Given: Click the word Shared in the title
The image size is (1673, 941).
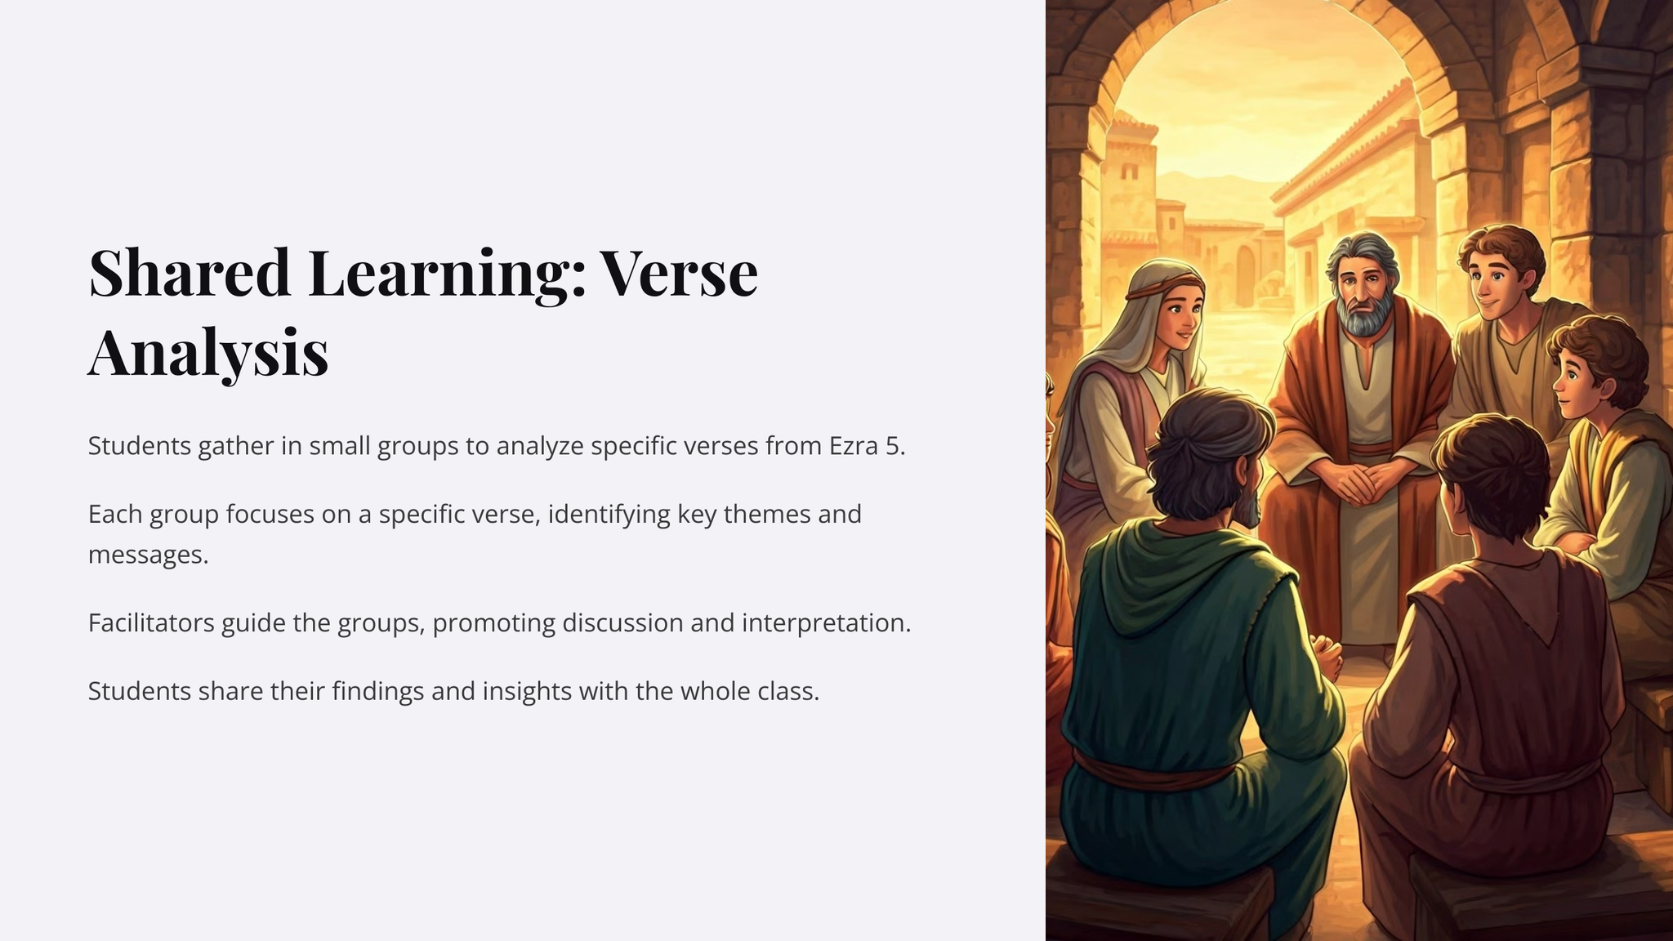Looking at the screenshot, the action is (190, 272).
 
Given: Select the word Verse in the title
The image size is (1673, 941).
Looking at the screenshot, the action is (680, 272).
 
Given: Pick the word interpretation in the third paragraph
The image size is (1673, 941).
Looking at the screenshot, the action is (826, 624).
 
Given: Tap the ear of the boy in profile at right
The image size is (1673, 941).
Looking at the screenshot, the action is (1607, 389).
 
